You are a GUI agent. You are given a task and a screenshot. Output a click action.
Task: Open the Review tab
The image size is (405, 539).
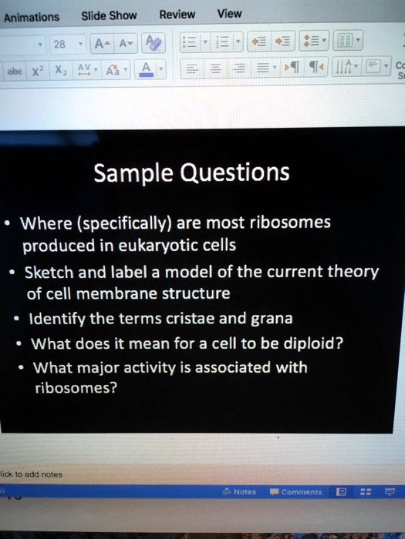tap(177, 14)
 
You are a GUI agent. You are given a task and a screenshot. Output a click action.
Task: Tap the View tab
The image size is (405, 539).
tap(229, 13)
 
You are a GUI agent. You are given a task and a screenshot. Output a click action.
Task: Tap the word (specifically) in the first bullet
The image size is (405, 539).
tap(124, 225)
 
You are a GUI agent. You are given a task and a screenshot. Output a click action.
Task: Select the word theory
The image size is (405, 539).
tap(354, 272)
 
